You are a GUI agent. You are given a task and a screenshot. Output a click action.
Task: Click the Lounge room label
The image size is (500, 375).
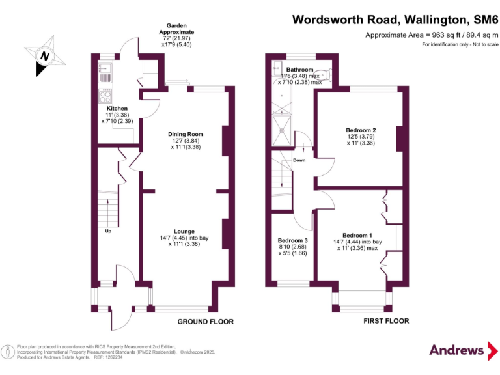click(184, 231)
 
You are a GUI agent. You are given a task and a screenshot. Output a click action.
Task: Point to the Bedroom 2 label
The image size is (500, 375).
click(361, 130)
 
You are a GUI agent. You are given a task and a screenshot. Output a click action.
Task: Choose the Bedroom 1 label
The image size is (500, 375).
click(357, 235)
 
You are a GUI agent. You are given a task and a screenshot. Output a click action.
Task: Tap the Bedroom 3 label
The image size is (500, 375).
click(293, 241)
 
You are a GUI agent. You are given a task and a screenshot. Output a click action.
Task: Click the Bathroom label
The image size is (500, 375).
click(300, 70)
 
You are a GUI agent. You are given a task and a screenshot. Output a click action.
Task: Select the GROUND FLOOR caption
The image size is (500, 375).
click(206, 322)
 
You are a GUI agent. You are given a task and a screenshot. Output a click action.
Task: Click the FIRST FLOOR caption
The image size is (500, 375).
click(387, 321)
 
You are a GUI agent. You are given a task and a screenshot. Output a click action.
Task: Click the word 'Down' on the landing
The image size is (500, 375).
click(299, 160)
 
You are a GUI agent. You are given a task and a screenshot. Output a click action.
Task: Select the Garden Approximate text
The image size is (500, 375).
click(176, 29)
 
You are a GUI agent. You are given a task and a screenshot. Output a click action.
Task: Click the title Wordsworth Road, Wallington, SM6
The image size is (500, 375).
click(395, 19)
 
